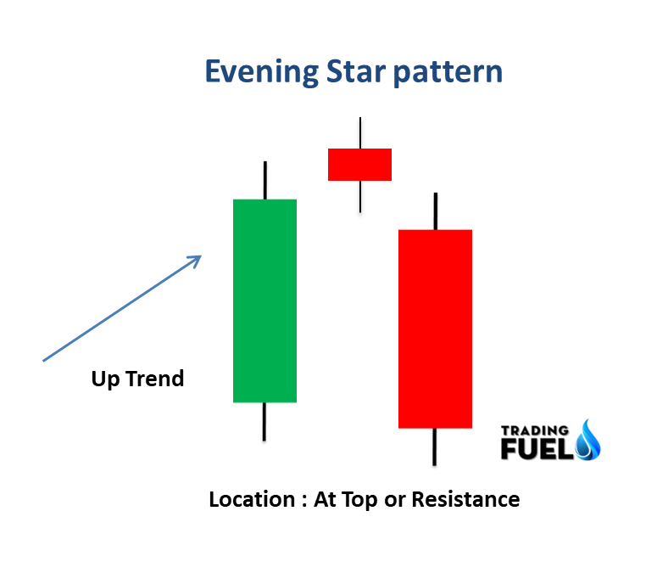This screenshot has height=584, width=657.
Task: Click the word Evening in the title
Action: coord(261,72)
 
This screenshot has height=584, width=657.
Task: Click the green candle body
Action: coord(264,300)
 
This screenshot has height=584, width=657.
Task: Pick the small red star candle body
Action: coord(359,165)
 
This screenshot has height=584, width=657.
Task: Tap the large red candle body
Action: coord(435,328)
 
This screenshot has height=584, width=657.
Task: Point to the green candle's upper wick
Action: coord(265,180)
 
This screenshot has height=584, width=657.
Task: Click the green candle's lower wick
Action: coord(264,421)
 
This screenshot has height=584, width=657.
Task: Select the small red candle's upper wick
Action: coord(360,133)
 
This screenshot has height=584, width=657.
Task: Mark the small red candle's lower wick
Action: coord(359,196)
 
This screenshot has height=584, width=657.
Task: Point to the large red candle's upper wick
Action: coord(435,211)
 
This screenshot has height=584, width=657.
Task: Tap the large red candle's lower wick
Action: coord(435,446)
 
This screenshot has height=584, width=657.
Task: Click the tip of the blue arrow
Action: coord(200,256)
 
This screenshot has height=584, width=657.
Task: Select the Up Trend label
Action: coord(137,379)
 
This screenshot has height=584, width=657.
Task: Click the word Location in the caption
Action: coord(251,499)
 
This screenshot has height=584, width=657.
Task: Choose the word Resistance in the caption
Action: coord(465,499)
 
